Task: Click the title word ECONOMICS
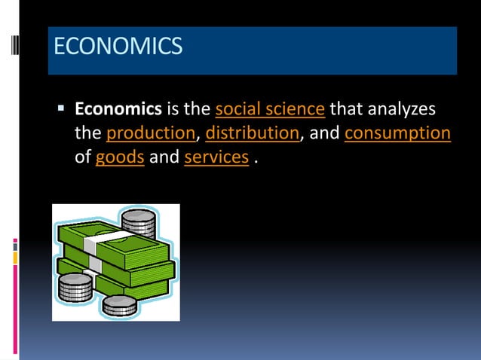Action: pyautogui.click(x=118, y=47)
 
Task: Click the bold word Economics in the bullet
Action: pyautogui.click(x=118, y=110)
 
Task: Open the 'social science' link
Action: pyautogui.click(x=270, y=110)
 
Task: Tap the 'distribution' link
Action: pyautogui.click(x=252, y=134)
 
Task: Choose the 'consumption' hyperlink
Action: pyautogui.click(x=397, y=134)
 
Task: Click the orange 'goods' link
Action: pyautogui.click(x=120, y=158)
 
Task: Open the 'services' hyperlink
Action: pyautogui.click(x=216, y=158)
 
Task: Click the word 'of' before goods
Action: pyautogui.click(x=83, y=158)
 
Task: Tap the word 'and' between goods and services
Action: pyautogui.click(x=164, y=158)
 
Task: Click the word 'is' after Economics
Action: pyautogui.click(x=173, y=110)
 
